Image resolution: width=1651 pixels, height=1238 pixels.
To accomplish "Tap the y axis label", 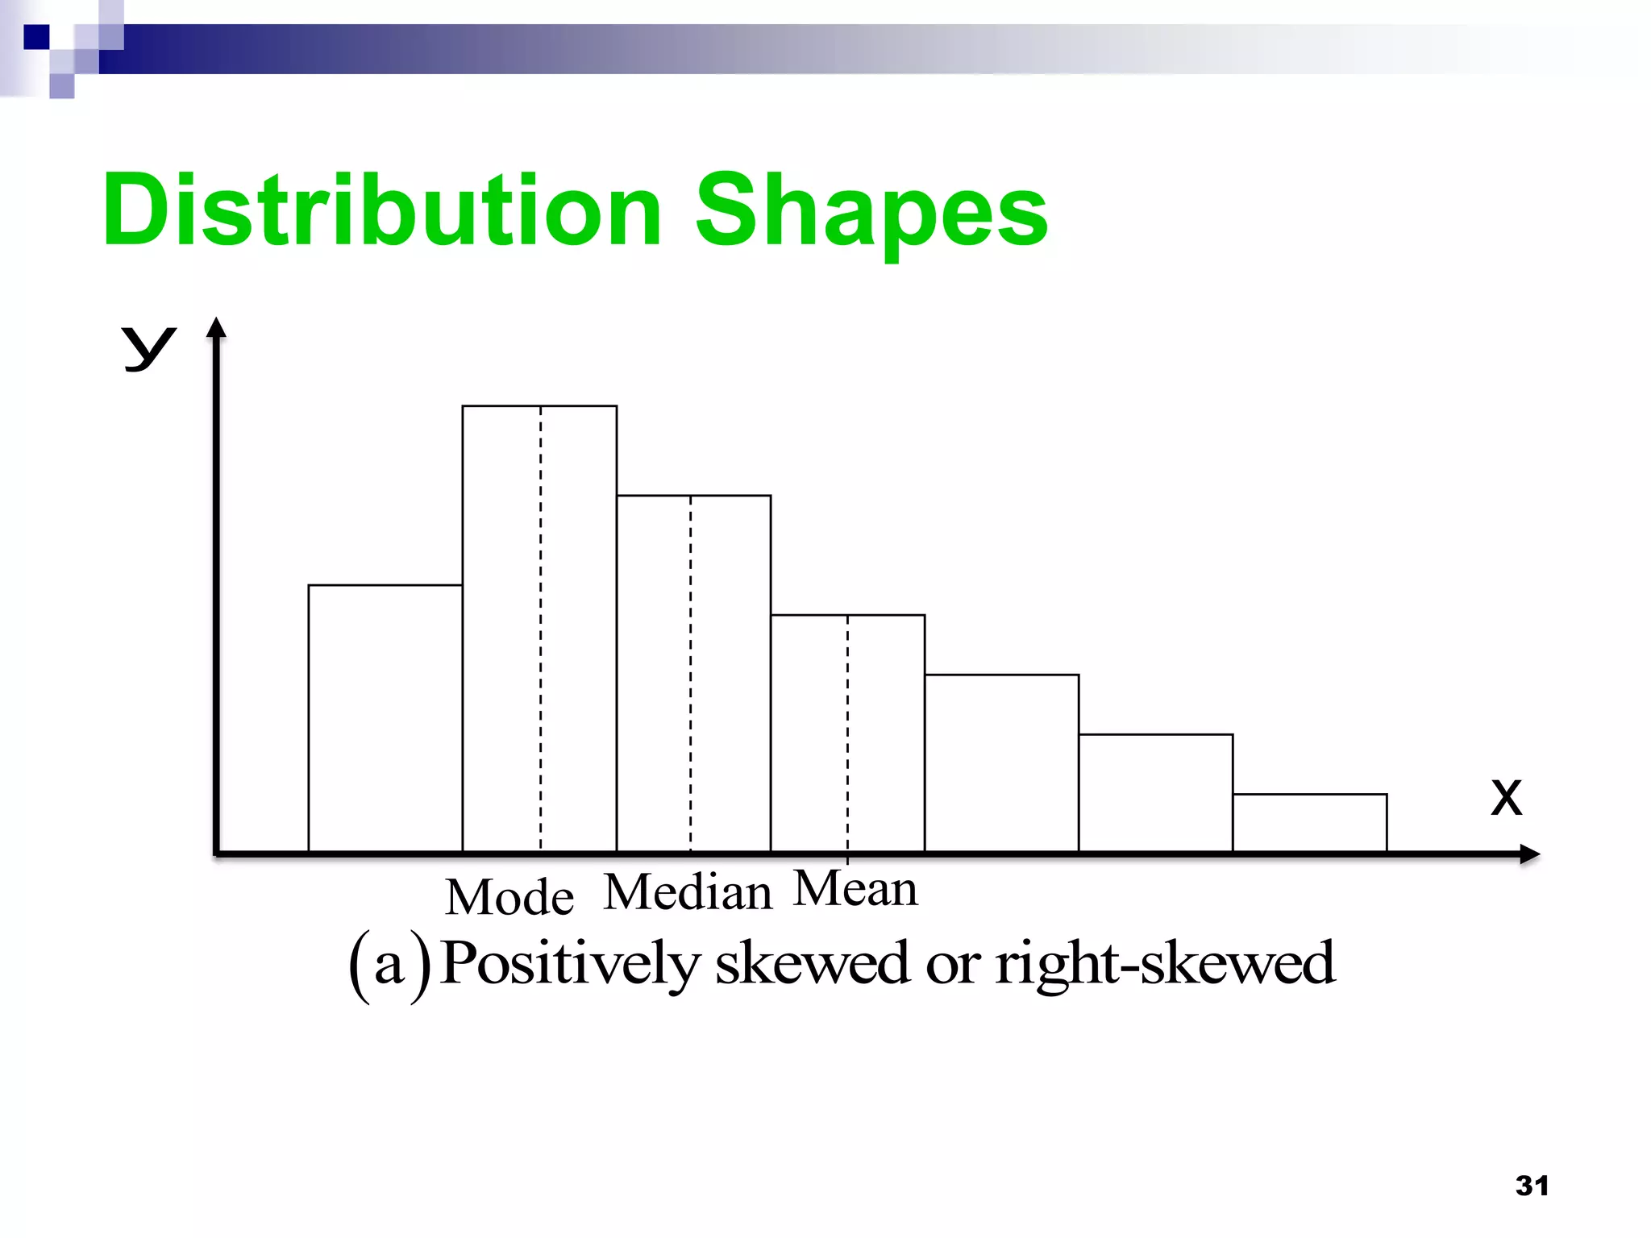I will point(148,348).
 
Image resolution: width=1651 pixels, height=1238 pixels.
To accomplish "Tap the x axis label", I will point(1506,798).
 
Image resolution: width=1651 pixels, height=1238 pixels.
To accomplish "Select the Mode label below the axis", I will point(509,897).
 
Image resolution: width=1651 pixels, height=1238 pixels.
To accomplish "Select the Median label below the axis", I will point(688,893).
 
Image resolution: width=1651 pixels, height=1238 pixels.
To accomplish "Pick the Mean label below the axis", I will point(855,889).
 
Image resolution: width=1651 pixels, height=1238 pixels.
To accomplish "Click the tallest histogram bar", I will point(500,629).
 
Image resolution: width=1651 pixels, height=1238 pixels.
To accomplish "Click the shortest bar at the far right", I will point(1309,823).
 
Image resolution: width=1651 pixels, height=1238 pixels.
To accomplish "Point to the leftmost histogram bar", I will point(385,717).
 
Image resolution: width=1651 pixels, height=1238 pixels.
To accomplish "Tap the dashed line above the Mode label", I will point(540,629).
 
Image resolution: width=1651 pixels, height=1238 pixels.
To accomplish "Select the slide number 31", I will point(1532,1186).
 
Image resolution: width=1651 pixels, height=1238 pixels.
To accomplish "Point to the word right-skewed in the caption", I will point(1165,963).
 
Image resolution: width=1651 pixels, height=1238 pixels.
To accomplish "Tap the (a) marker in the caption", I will point(389,965).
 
